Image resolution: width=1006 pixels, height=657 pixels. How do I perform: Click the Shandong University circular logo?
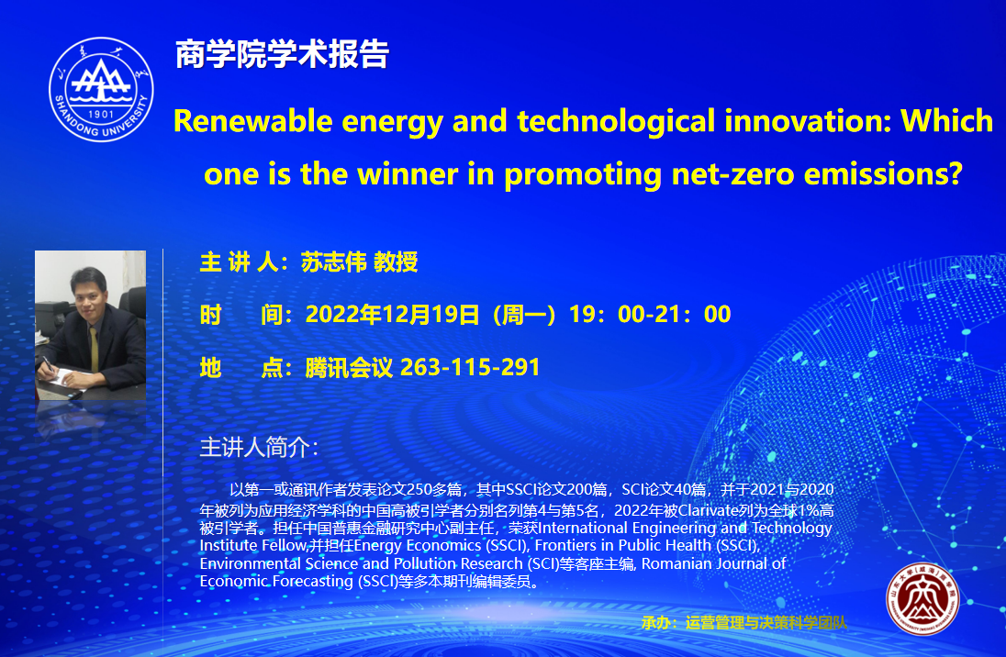(101, 89)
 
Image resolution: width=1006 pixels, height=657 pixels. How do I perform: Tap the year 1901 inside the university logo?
(101, 114)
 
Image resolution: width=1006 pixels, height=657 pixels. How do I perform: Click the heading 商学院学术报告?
(282, 54)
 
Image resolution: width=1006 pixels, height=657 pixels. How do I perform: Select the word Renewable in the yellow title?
(252, 121)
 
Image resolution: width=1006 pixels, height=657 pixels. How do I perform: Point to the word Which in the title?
(946, 120)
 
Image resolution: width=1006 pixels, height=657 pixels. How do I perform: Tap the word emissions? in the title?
(883, 173)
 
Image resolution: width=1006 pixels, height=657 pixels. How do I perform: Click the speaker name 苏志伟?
(333, 262)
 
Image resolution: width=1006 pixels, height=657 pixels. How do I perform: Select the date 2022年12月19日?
(392, 315)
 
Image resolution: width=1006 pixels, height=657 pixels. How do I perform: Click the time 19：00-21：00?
(650, 315)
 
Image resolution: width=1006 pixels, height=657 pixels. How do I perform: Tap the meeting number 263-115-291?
(470, 368)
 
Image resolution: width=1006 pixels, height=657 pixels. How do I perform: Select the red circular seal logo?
(922, 599)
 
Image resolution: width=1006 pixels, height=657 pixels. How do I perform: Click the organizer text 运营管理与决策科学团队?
(766, 622)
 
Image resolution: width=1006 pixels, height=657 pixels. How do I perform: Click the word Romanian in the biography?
(671, 564)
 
